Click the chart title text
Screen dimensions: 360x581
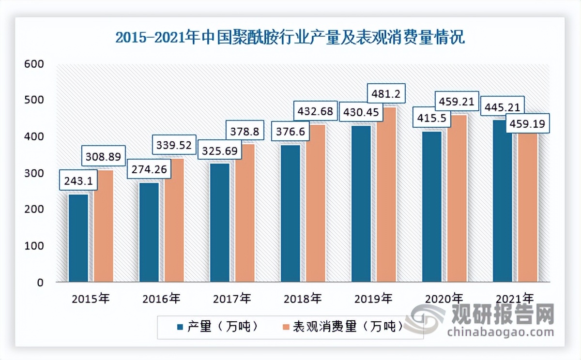click(290, 38)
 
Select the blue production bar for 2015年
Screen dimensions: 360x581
click(78, 237)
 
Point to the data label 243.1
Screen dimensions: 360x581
click(78, 182)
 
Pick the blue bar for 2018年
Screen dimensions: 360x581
click(290, 213)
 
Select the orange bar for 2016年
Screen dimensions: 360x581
click(174, 220)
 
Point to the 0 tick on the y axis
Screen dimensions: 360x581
click(41, 283)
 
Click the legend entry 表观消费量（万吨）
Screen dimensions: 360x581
click(342, 327)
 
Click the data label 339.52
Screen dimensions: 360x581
click(174, 145)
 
